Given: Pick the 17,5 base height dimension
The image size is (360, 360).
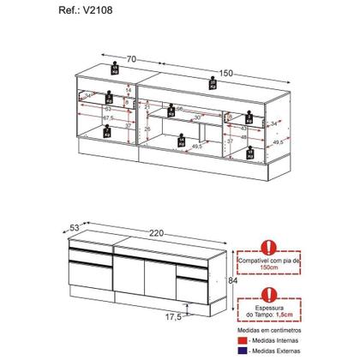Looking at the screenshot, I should [x=172, y=317].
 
